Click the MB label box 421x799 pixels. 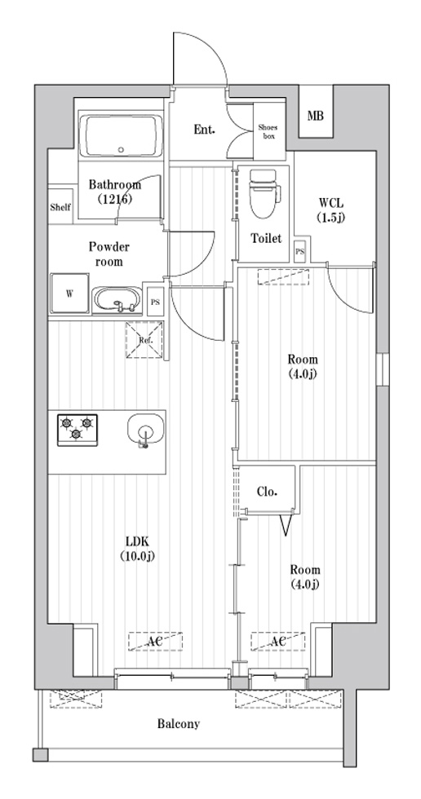point(315,116)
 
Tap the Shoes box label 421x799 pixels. point(268,131)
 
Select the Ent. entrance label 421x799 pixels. point(205,130)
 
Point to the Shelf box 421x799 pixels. point(60,207)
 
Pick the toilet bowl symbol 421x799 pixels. point(263,195)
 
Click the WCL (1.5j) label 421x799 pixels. point(332,209)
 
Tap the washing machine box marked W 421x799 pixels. point(69,294)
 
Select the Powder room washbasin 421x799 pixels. point(117,300)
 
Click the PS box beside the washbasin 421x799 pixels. point(154,302)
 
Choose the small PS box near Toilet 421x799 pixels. point(299,253)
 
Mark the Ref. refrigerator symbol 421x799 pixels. point(144,340)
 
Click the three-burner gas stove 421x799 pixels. point(78,429)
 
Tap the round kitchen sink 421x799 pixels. point(145,430)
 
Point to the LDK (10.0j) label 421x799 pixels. point(140,550)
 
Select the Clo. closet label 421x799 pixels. point(267,492)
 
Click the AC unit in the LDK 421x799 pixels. point(155,642)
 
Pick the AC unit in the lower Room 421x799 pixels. point(277,642)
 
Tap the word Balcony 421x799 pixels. point(179,724)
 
